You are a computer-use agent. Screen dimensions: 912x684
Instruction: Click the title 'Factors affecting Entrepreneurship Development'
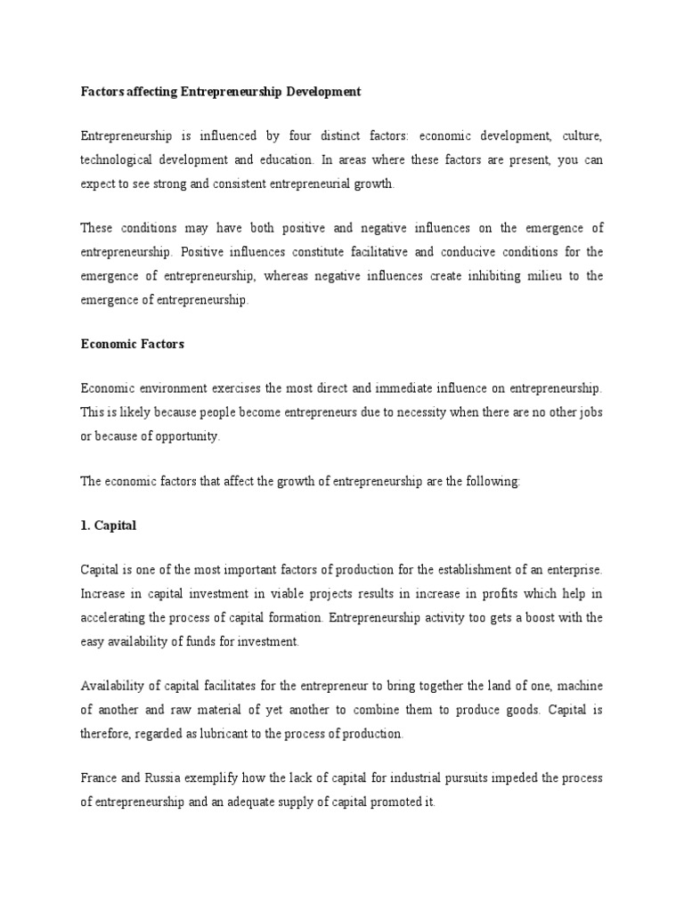[221, 92]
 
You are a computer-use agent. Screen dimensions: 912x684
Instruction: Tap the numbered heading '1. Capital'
[108, 525]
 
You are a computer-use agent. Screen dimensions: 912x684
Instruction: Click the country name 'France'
[101, 778]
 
